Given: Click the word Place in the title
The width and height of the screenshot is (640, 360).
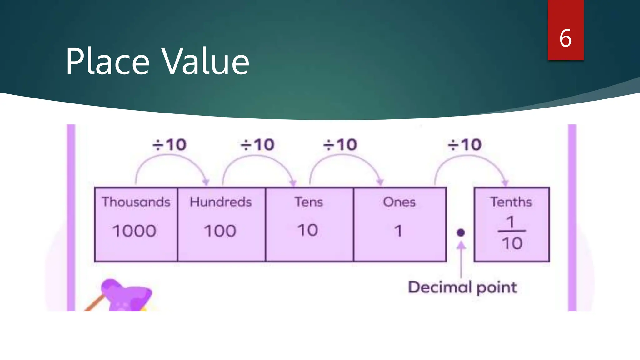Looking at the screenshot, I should tap(108, 62).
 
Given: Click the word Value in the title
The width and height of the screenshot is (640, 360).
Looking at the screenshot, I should tap(206, 62).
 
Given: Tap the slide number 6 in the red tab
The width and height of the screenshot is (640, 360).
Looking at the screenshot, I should tap(565, 38).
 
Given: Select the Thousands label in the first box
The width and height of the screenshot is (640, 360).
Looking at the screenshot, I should tap(136, 202).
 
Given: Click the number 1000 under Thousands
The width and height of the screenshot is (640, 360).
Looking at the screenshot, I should tap(134, 231).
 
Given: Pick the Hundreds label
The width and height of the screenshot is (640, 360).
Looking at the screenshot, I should tap(221, 202).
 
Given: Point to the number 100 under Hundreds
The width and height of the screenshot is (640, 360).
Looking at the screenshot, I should tap(220, 231).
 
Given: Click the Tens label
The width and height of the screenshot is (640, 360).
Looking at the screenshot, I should tap(309, 202).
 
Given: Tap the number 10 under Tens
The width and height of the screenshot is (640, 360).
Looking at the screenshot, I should tap(308, 231).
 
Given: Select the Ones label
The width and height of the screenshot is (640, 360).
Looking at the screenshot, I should tap(399, 202).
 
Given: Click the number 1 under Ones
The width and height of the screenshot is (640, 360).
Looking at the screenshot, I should tap(398, 231).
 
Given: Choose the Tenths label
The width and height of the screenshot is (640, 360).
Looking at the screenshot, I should tap(511, 202).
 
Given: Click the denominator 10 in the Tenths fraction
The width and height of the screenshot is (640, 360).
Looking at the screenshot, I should tap(512, 243).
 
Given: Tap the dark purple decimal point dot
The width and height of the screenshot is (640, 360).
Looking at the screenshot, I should tap(461, 233).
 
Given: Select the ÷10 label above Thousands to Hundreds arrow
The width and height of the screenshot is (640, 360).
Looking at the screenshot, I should tap(169, 145).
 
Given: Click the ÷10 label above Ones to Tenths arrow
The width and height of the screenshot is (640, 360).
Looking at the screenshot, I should tap(465, 145).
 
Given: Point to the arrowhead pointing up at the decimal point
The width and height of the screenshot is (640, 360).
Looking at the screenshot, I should tap(461, 246).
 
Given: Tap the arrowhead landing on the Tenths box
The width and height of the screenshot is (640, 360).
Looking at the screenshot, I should tap(505, 183).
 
